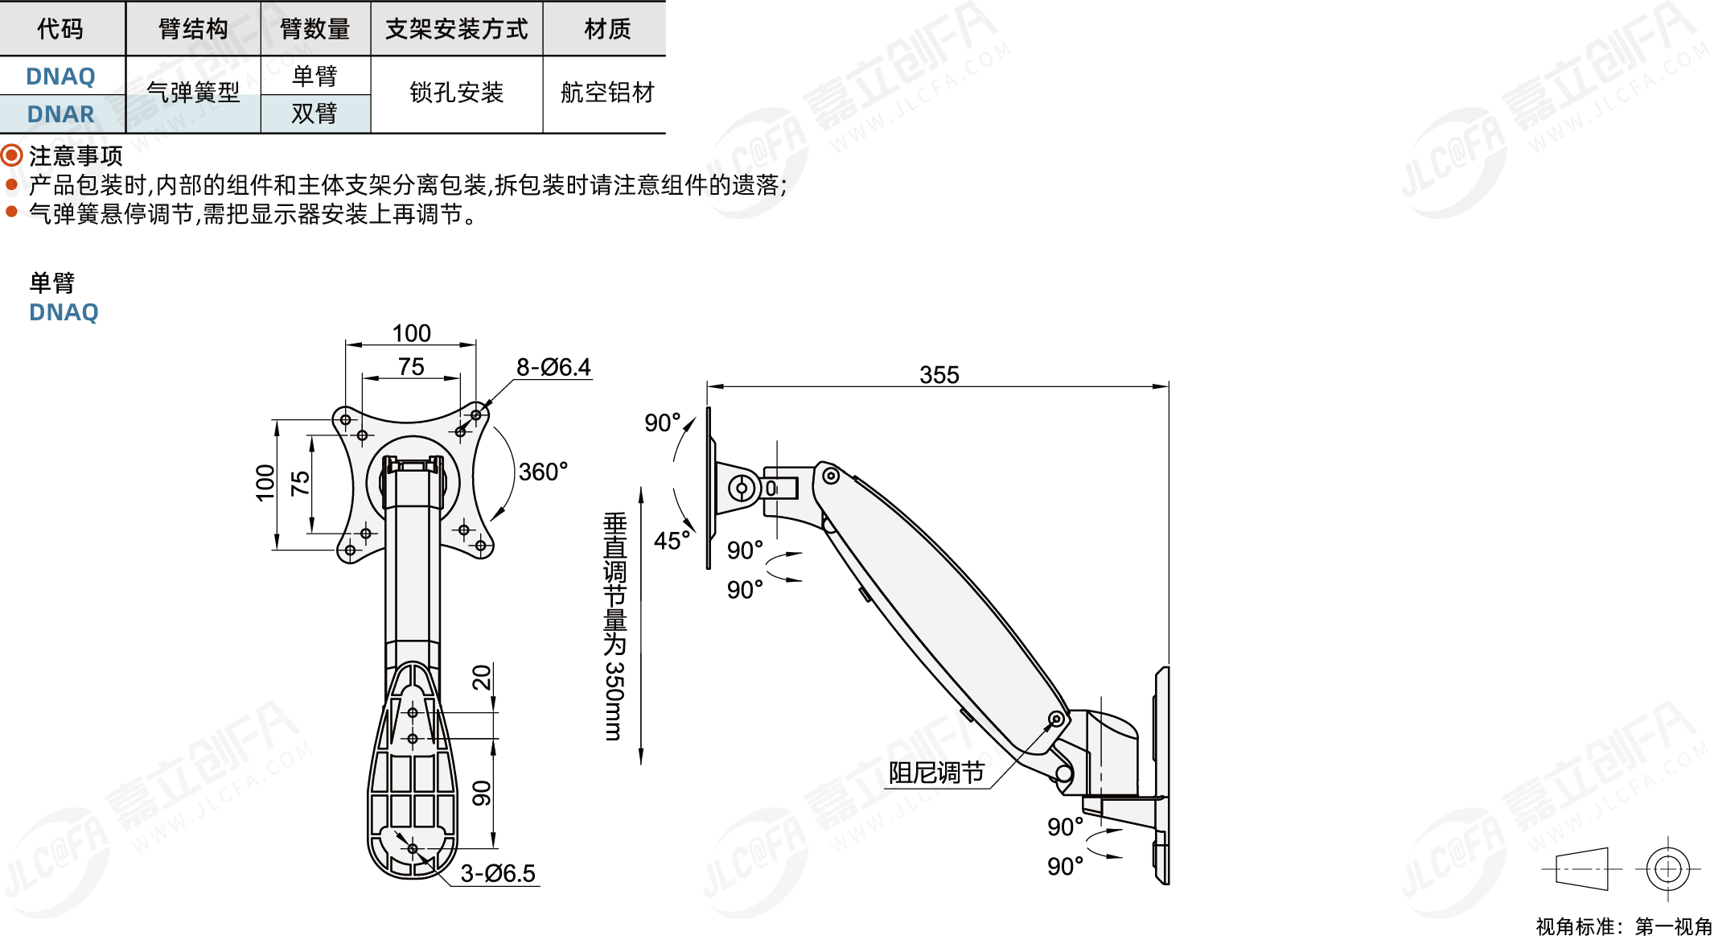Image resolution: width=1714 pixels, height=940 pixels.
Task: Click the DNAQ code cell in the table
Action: [x=61, y=76]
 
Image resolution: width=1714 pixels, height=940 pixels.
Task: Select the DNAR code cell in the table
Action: [x=61, y=114]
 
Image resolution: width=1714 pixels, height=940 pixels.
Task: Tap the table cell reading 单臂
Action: [x=314, y=76]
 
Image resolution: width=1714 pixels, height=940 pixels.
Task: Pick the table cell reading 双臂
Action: [x=314, y=113]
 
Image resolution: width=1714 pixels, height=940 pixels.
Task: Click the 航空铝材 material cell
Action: [x=607, y=93]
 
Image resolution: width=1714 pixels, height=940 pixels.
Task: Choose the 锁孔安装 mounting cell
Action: [x=456, y=93]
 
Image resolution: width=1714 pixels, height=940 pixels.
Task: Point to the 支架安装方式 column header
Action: [x=456, y=29]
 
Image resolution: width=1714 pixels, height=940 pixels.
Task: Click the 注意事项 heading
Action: [x=76, y=155]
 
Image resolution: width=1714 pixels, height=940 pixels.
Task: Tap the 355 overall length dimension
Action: [x=939, y=374]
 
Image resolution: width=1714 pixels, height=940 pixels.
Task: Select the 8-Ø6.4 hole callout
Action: [x=553, y=367]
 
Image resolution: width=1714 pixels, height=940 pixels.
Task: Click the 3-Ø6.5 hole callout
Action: [x=498, y=873]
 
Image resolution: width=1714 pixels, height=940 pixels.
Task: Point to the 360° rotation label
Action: [x=543, y=472]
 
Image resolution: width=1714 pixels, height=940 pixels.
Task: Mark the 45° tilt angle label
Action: [x=672, y=541]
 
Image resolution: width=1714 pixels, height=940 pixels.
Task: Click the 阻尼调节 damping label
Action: [x=936, y=773]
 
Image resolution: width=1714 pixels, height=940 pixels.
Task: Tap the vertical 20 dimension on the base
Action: [x=481, y=678]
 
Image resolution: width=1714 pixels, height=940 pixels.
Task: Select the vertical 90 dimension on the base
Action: [x=481, y=793]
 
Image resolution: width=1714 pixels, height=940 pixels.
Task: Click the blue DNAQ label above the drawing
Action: [x=64, y=312]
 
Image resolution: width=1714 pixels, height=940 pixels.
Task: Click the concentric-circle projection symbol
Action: [x=1668, y=869]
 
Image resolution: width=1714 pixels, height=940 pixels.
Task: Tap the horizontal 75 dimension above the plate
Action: [x=411, y=366]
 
